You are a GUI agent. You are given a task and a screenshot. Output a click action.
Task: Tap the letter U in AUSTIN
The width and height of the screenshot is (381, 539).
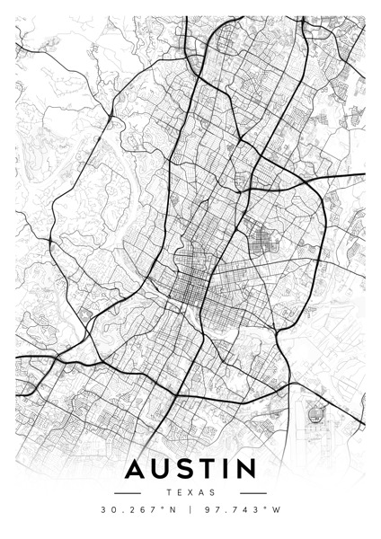point(163,470)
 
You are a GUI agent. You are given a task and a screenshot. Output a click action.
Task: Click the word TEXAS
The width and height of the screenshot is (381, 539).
point(190,492)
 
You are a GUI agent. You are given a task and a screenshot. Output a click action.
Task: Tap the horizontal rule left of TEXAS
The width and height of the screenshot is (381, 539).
point(128,492)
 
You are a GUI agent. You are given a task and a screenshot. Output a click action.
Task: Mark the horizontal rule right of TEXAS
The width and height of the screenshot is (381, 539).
point(253,492)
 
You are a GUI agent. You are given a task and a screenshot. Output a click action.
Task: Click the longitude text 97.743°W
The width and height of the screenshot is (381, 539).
point(240,511)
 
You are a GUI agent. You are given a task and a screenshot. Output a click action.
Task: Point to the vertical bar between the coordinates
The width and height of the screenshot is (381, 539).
point(190,511)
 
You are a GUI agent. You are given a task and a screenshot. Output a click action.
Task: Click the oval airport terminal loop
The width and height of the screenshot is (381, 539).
point(315,415)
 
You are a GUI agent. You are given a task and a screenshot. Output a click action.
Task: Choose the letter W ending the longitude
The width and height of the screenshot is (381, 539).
point(278,511)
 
